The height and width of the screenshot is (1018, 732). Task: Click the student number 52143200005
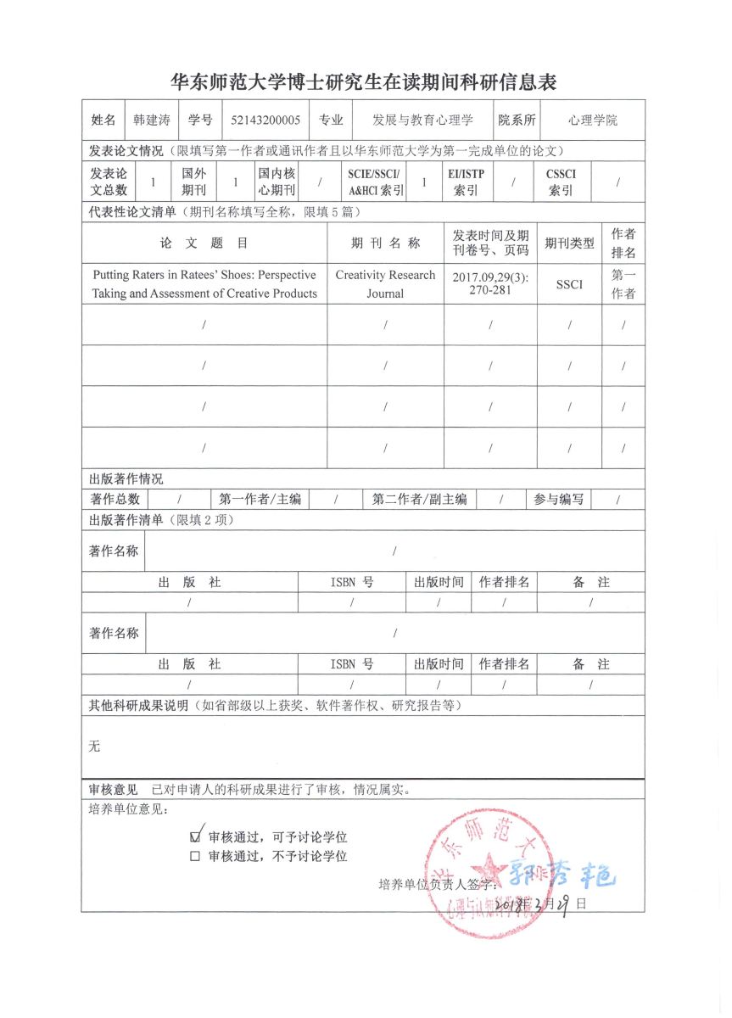(265, 120)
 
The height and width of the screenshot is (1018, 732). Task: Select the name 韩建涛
(152, 120)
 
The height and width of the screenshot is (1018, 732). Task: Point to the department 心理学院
(593, 120)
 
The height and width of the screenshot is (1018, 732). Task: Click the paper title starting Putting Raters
(204, 284)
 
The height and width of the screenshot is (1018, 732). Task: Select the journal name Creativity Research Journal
(385, 284)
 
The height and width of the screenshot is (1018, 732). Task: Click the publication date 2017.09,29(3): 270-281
(490, 283)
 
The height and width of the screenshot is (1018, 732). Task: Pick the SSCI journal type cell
(569, 284)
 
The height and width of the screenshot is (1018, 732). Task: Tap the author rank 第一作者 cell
(623, 284)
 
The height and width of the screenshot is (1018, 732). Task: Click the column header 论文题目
(204, 243)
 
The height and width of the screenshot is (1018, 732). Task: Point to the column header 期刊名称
(385, 243)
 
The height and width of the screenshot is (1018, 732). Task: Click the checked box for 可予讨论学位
(196, 836)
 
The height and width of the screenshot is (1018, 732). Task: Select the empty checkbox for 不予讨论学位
(195, 856)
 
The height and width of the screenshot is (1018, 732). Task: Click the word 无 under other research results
(94, 747)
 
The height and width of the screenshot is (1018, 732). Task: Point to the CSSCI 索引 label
(561, 182)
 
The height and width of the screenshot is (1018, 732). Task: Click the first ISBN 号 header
(351, 582)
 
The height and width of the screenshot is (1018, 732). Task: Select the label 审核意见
(113, 790)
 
